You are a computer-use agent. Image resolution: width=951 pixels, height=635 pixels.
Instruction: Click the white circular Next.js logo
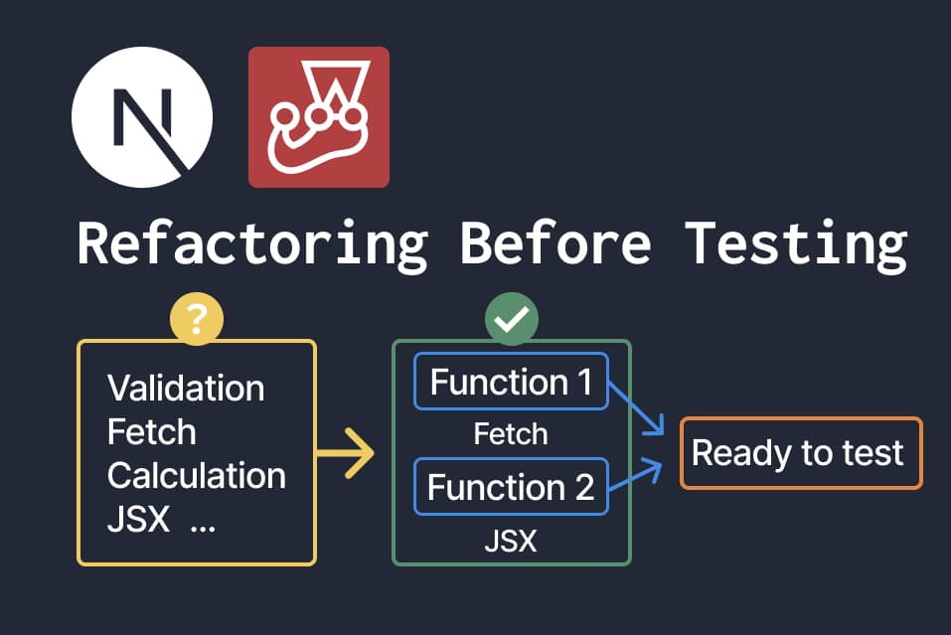point(142,116)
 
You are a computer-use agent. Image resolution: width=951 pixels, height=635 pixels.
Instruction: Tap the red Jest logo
point(318,116)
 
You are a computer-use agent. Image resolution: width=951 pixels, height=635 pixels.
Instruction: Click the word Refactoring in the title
point(251,242)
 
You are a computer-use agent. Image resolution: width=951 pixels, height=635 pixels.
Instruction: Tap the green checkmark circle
point(511,320)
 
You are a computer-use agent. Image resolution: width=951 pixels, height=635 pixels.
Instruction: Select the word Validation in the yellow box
point(186,388)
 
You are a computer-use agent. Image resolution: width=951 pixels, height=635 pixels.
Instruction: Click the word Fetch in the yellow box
point(151,432)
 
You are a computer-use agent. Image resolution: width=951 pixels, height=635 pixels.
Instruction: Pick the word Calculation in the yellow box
point(196,476)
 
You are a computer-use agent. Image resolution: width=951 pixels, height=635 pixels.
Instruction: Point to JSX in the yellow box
point(138,520)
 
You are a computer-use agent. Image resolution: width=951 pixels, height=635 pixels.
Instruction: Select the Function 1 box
point(511,382)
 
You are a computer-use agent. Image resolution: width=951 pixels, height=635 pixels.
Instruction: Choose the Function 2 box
point(511,487)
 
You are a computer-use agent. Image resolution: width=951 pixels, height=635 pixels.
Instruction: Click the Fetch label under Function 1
point(511,434)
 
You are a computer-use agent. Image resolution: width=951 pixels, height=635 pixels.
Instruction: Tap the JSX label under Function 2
point(511,542)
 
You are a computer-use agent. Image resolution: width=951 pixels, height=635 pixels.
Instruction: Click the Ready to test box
point(801,453)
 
